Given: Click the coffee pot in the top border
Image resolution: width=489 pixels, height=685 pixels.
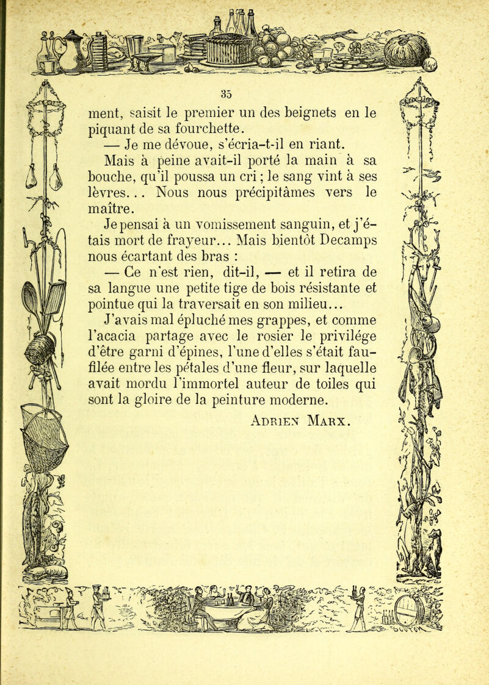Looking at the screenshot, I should pyautogui.click(x=76, y=52).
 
